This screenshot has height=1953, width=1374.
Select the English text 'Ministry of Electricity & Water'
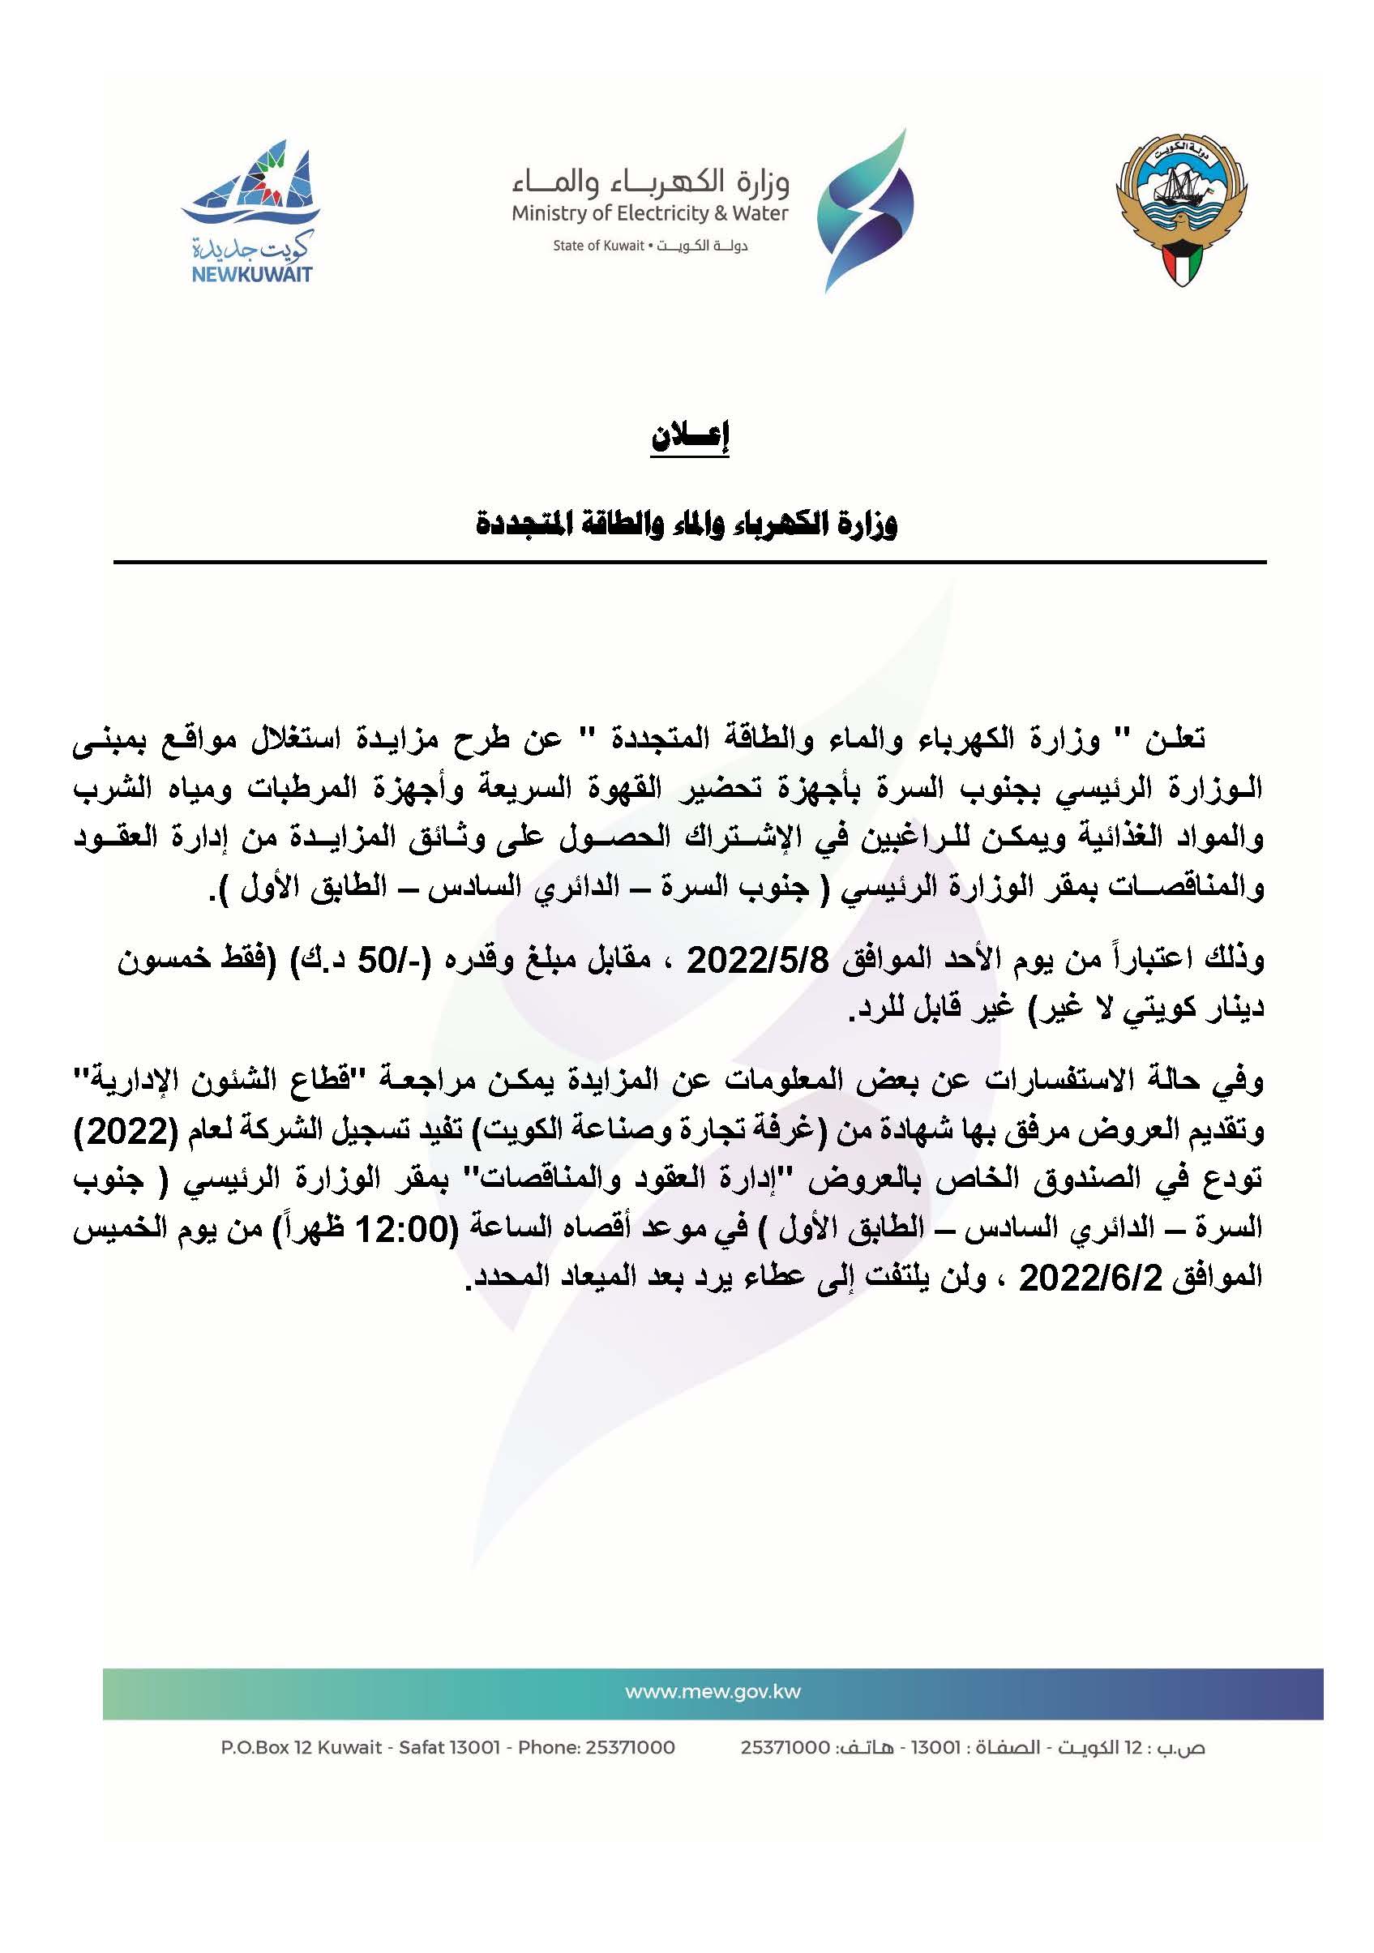pos(650,213)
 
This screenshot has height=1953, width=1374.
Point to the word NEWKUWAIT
pos(246,275)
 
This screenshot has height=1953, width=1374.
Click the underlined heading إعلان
pos(690,436)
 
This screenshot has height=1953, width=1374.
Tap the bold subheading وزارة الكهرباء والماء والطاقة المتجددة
pos(687,523)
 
